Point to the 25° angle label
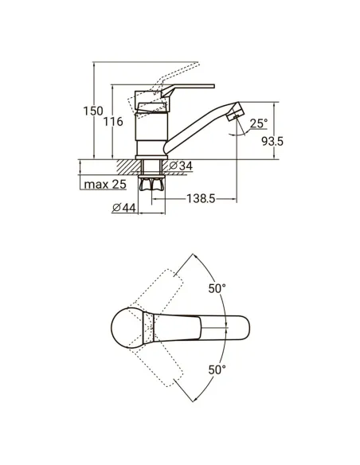(258, 123)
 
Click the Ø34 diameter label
(182, 166)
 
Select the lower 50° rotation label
(217, 369)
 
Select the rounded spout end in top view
(245, 327)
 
